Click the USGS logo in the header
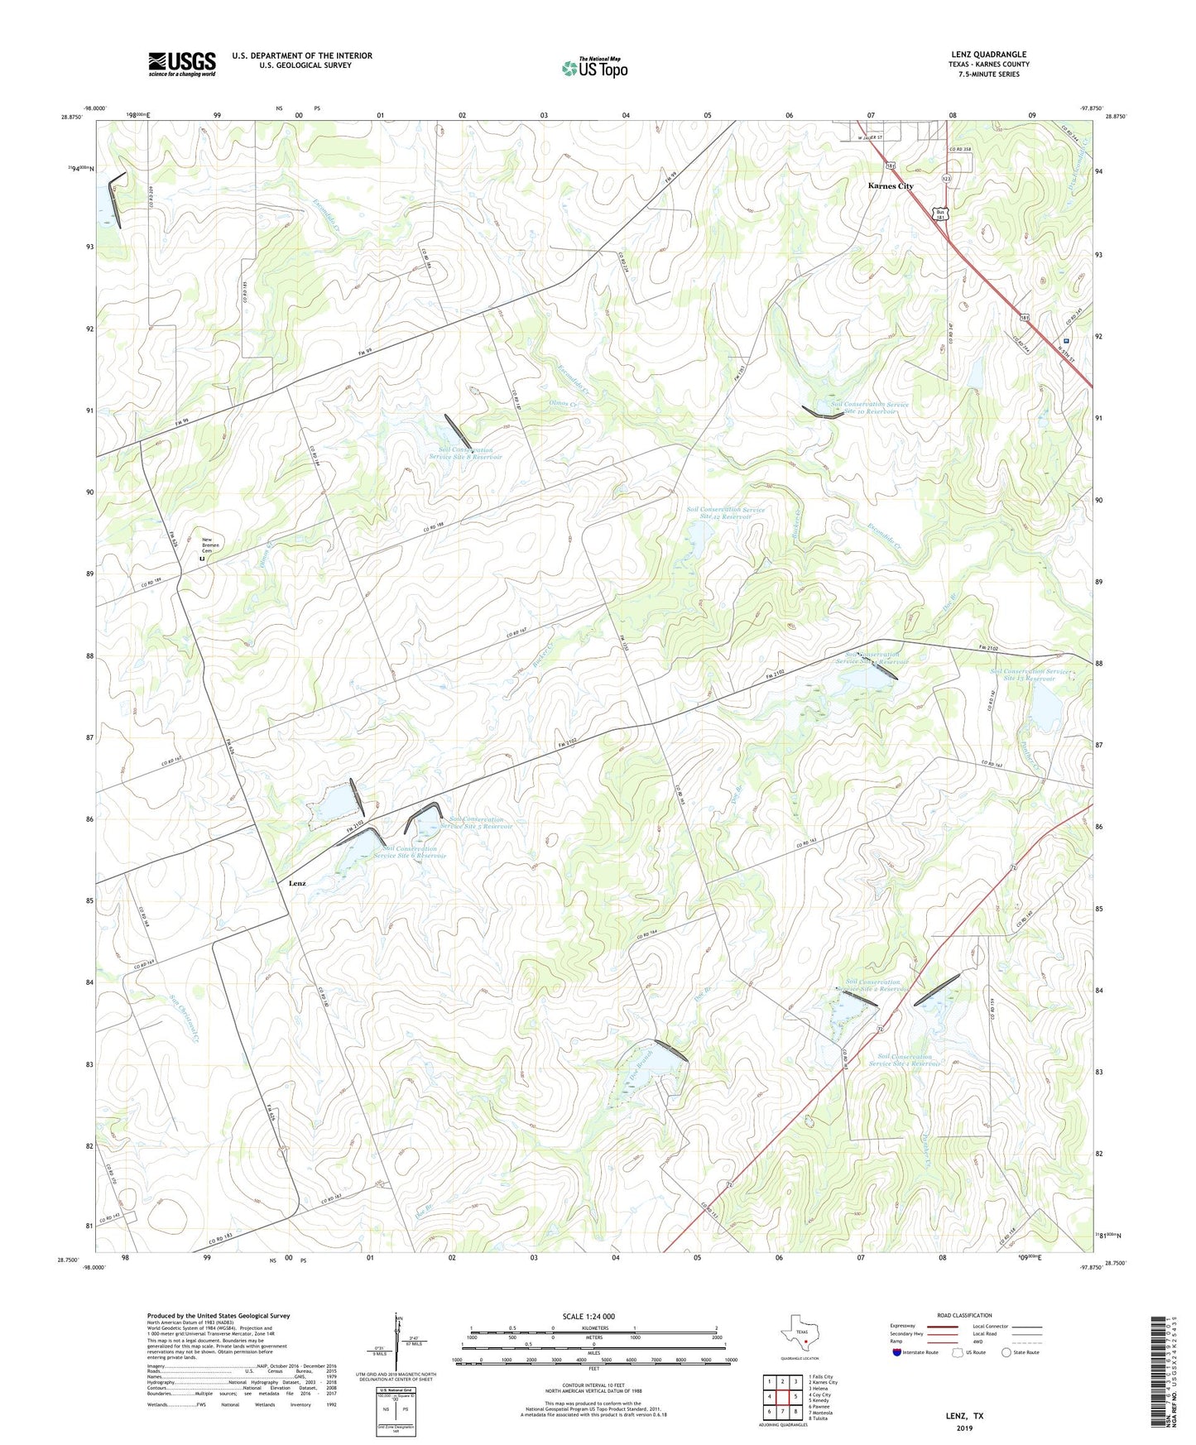tap(182, 64)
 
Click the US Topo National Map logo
tap(593, 67)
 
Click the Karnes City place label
tap(891, 186)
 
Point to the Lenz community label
tap(297, 883)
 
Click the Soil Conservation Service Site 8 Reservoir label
tap(465, 454)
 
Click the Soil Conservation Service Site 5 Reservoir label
tap(476, 823)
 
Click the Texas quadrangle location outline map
tap(799, 1337)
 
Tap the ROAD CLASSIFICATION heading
tap(964, 1315)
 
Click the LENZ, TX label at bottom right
tap(964, 1416)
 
